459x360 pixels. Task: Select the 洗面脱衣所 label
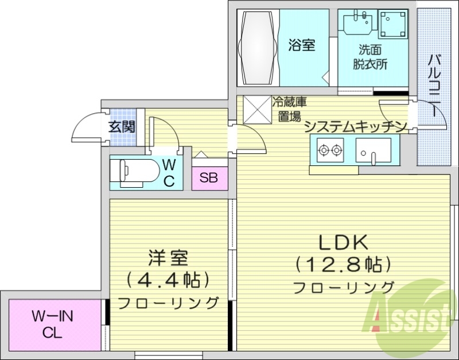point(370,57)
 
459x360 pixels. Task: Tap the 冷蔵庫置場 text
point(290,110)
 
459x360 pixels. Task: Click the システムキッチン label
point(356,127)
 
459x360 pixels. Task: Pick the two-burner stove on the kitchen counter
point(329,151)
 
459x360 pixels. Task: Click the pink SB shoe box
point(209,178)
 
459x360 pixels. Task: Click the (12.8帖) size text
point(343,265)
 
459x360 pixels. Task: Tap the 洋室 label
point(169,258)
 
